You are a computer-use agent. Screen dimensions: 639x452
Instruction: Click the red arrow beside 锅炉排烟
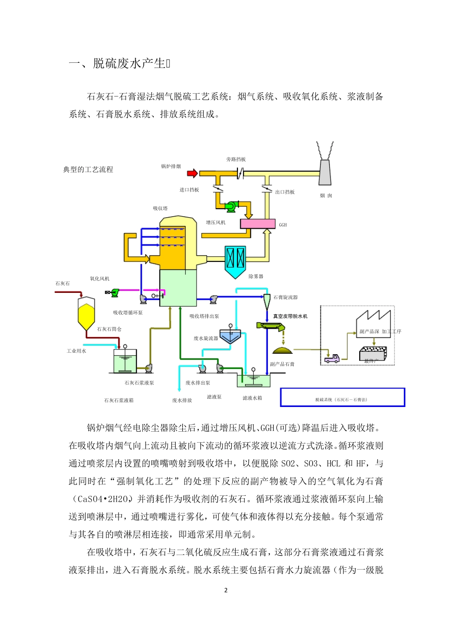coord(192,174)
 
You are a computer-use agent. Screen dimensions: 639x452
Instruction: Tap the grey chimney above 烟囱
coord(325,173)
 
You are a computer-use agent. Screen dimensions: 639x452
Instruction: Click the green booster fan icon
coord(232,206)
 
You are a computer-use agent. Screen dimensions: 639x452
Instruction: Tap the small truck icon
coord(332,358)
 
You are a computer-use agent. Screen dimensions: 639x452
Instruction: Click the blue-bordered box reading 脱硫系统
coord(342,397)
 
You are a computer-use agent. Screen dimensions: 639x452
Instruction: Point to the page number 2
coord(226,590)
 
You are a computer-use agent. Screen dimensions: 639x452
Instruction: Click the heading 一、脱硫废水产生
coord(119,64)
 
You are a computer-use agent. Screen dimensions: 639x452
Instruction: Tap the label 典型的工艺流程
coord(88,170)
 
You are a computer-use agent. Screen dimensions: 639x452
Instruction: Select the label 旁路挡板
coord(236,159)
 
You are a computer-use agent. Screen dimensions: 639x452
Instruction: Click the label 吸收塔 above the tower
coord(160,208)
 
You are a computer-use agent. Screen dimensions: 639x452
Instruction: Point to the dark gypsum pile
coord(283,350)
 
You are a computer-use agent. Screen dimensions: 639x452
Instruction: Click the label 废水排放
coord(182,400)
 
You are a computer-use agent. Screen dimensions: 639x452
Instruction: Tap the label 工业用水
coord(76,351)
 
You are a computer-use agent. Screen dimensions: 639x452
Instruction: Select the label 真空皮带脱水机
coord(290,316)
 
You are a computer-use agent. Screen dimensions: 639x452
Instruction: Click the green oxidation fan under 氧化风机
coord(114,292)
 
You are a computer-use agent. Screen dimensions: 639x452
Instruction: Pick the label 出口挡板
coord(285,192)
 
